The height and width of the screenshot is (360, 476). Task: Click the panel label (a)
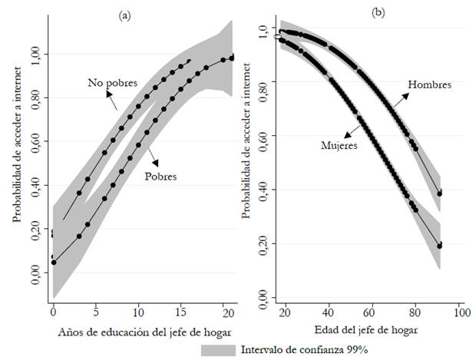(x=123, y=14)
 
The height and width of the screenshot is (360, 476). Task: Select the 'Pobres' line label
(x=160, y=177)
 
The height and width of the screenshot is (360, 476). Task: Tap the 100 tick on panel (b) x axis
(x=459, y=314)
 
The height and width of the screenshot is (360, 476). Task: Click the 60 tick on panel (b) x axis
(x=372, y=314)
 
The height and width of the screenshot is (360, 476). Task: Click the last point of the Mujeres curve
(x=440, y=246)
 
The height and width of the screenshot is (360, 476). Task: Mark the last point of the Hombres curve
(x=440, y=193)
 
